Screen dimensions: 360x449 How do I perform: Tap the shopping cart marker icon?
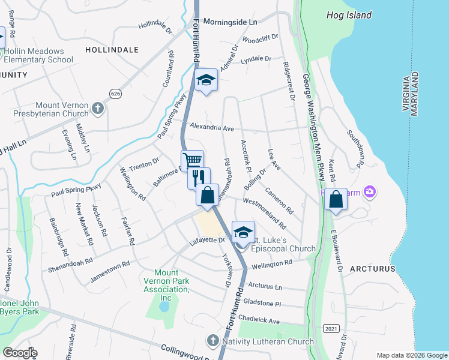click(192, 160)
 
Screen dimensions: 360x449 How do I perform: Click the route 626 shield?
click(116, 93)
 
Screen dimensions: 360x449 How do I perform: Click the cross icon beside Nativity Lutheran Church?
click(212, 341)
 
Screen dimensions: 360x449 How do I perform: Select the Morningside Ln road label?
click(230, 22)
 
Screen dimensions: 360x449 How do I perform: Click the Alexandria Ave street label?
click(211, 127)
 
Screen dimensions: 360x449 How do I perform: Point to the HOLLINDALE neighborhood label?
click(112, 50)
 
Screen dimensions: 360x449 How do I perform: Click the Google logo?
click(20, 353)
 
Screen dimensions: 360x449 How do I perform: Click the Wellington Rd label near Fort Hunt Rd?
click(271, 263)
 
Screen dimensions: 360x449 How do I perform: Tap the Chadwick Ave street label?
click(259, 320)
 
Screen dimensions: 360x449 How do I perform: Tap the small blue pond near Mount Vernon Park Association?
click(164, 306)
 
